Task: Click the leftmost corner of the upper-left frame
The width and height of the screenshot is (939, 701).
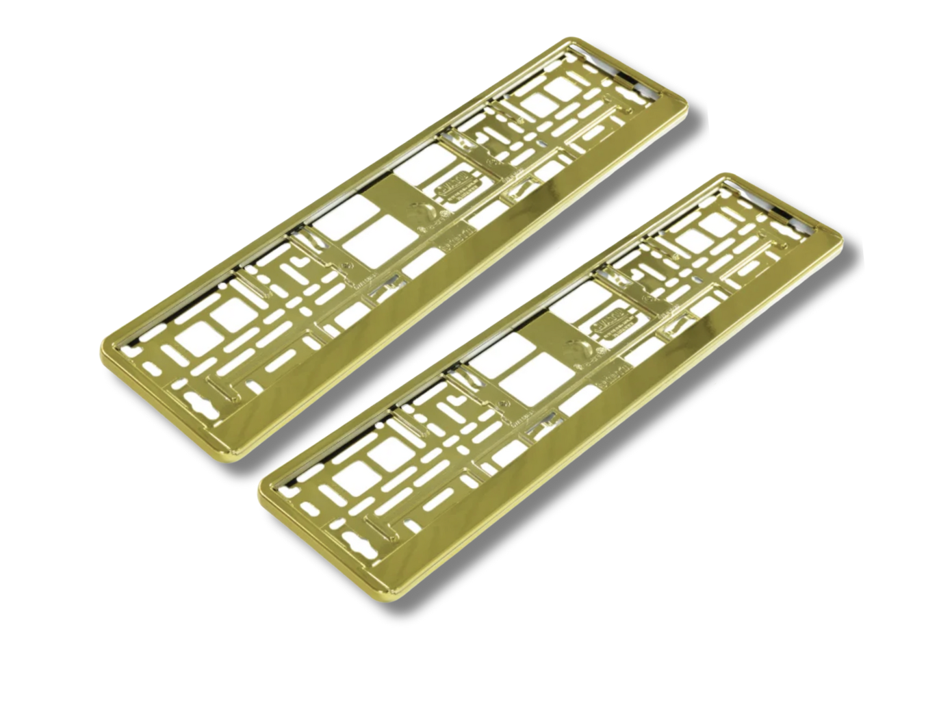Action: (103, 344)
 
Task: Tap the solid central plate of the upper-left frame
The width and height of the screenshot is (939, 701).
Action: (411, 212)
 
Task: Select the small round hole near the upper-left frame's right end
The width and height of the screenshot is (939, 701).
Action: (543, 145)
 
